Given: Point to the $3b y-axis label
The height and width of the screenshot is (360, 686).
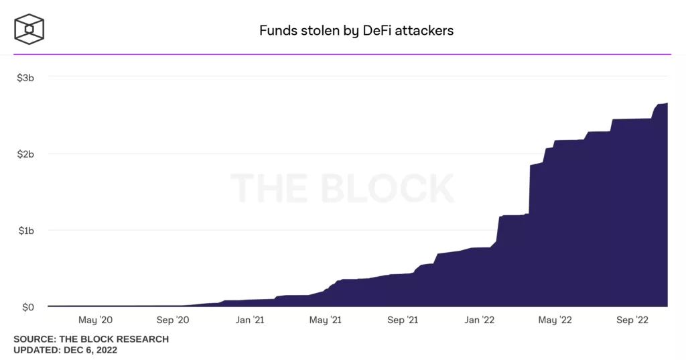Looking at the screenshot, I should point(25,77).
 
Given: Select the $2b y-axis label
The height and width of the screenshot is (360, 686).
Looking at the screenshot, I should point(25,154).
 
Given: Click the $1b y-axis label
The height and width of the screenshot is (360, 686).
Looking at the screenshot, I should point(25,231).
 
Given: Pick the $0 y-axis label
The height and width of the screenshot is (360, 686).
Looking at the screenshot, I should point(28,307).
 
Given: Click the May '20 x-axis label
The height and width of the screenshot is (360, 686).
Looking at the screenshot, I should point(96,320).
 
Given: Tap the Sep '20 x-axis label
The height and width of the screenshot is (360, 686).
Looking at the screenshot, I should point(173,320).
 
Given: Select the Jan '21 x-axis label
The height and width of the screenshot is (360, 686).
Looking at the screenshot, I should point(250,320).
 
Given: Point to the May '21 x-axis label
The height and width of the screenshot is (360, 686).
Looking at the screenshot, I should point(326,320).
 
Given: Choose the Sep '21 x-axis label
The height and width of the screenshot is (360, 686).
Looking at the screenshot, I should point(403,320).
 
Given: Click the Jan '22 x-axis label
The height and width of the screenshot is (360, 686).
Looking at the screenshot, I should point(480,320).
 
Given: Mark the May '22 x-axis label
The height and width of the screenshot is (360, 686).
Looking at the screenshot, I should point(555,320).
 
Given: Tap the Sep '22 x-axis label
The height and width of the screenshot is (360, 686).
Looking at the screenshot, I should point(633,320).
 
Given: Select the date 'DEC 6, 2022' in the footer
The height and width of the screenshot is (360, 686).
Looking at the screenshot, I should point(90,350).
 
